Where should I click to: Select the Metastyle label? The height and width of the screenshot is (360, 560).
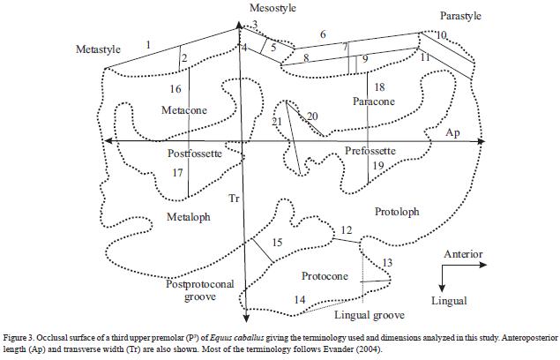(x=97, y=49)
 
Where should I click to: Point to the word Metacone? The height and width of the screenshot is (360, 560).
(x=185, y=109)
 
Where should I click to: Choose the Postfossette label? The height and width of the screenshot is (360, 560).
(x=192, y=153)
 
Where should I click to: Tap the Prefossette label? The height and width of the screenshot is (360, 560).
(x=370, y=151)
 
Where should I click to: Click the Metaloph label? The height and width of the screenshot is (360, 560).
(x=189, y=217)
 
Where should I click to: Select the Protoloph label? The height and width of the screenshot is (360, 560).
(x=397, y=212)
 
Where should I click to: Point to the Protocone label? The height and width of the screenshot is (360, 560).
(x=325, y=276)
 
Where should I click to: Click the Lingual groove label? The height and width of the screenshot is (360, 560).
(x=370, y=315)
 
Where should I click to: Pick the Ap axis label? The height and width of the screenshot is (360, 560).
(x=452, y=132)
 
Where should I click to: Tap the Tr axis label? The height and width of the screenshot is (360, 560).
(x=234, y=199)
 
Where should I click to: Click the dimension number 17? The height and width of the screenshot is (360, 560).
(x=177, y=173)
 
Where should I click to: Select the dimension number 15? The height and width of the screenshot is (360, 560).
(x=276, y=243)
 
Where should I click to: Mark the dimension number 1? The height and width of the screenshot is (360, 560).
(x=149, y=44)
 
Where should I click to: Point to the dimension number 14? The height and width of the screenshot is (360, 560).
(x=299, y=301)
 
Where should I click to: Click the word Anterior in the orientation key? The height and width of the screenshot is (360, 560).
(x=463, y=254)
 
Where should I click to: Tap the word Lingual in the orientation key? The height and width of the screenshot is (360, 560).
(x=448, y=301)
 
